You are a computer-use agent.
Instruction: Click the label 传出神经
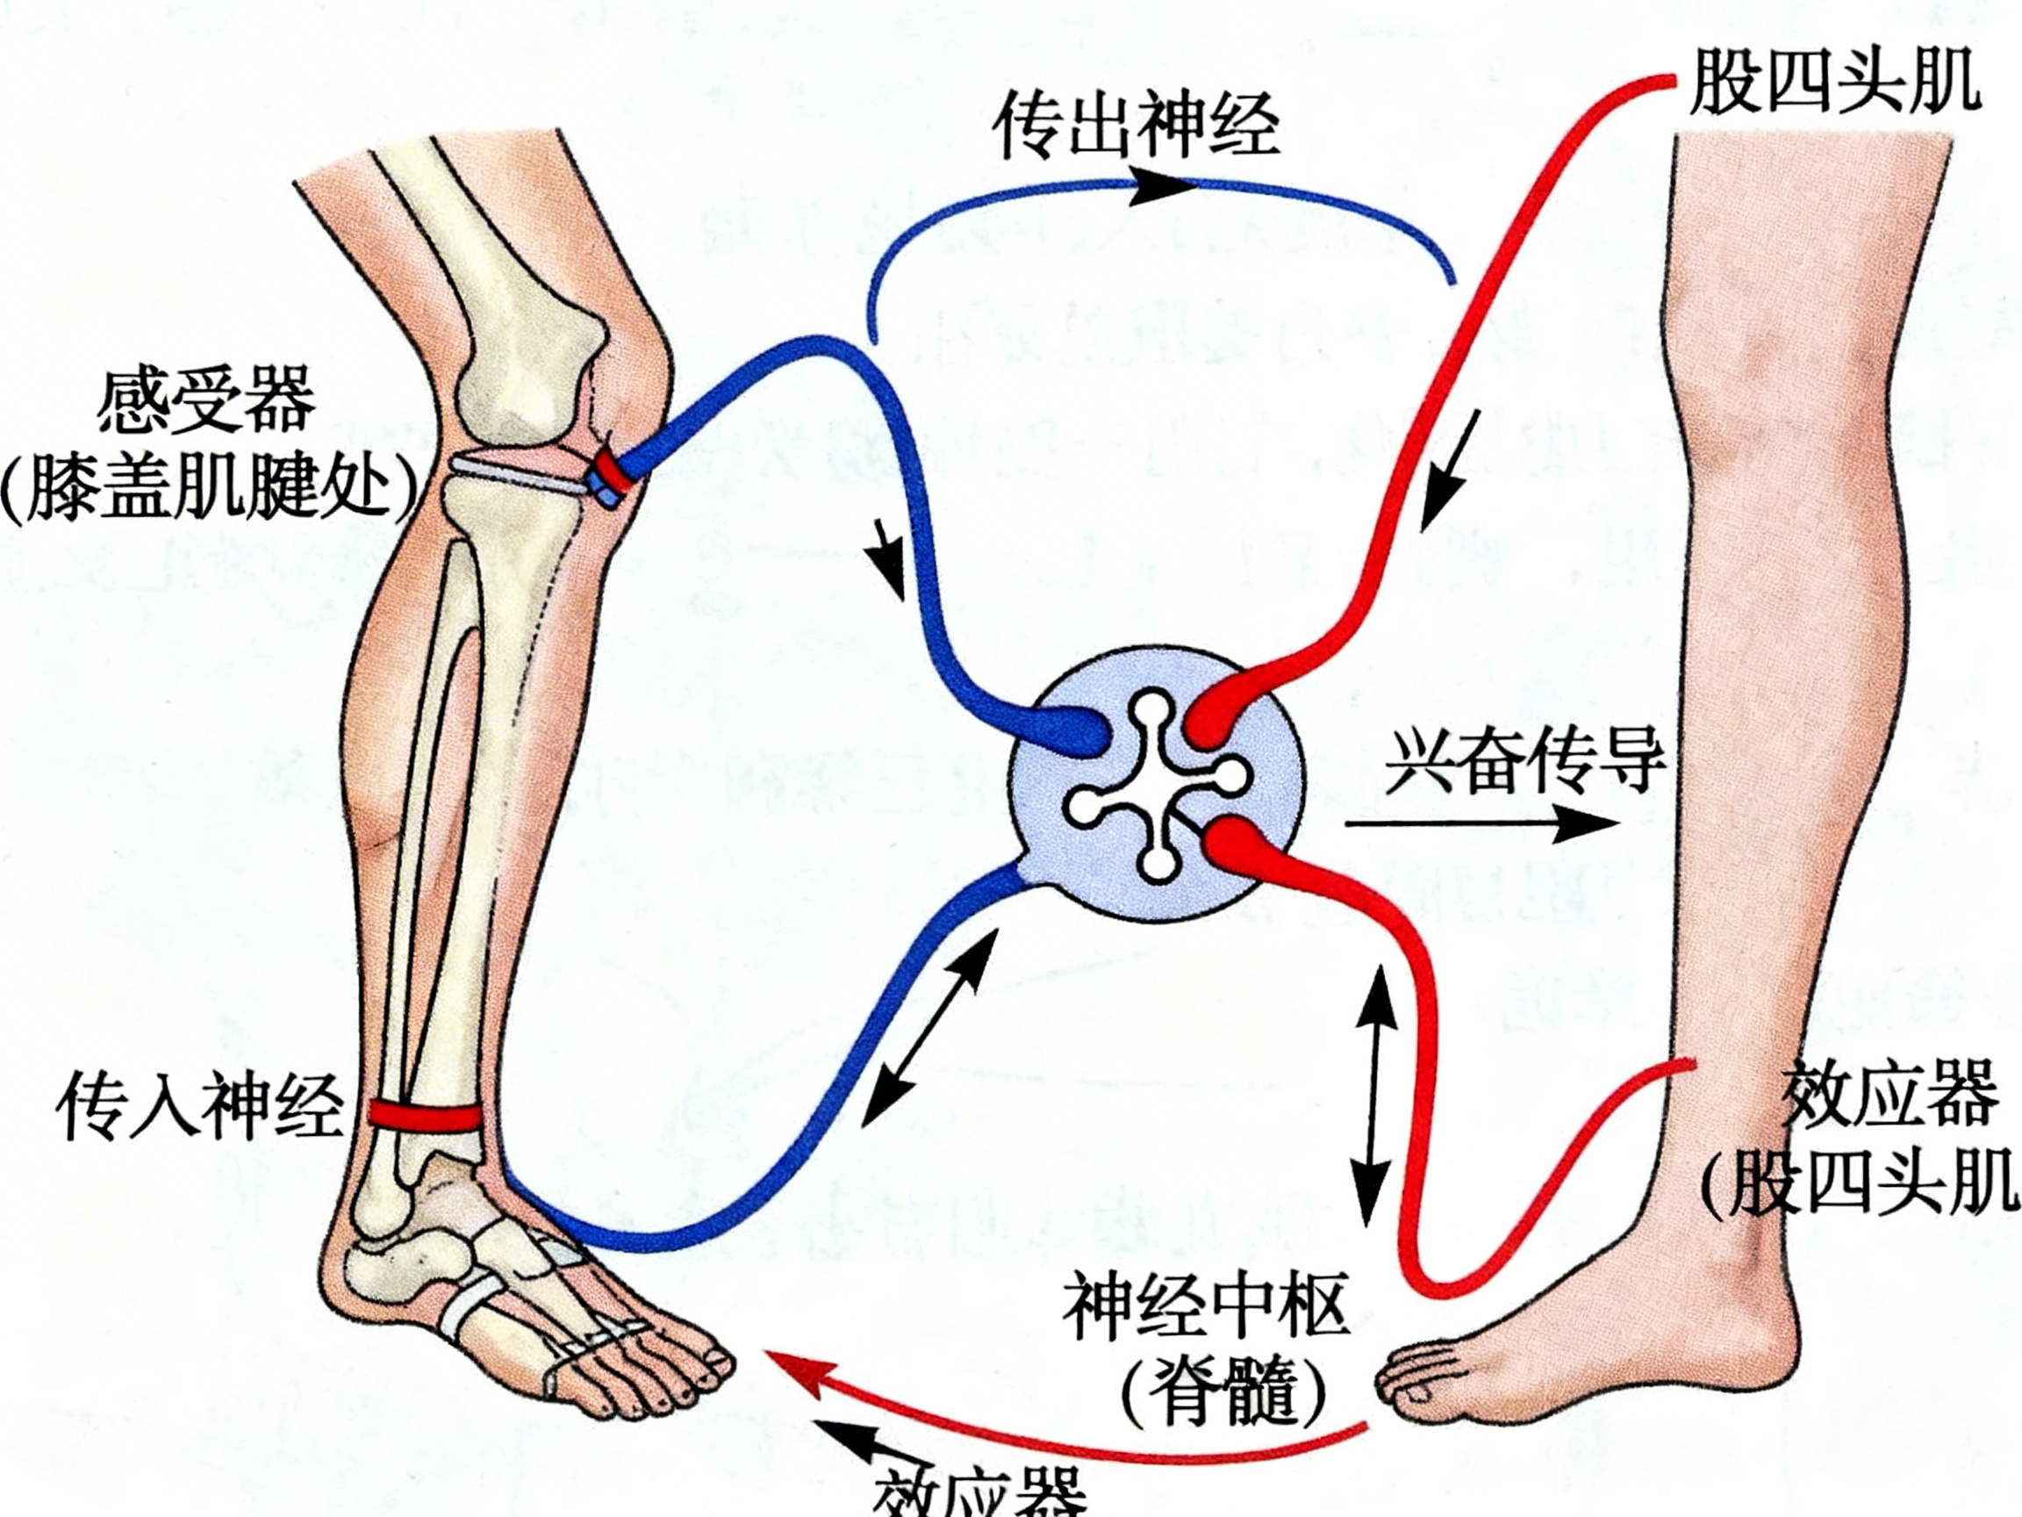(1136, 126)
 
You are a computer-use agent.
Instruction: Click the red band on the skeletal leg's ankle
(425, 1116)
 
